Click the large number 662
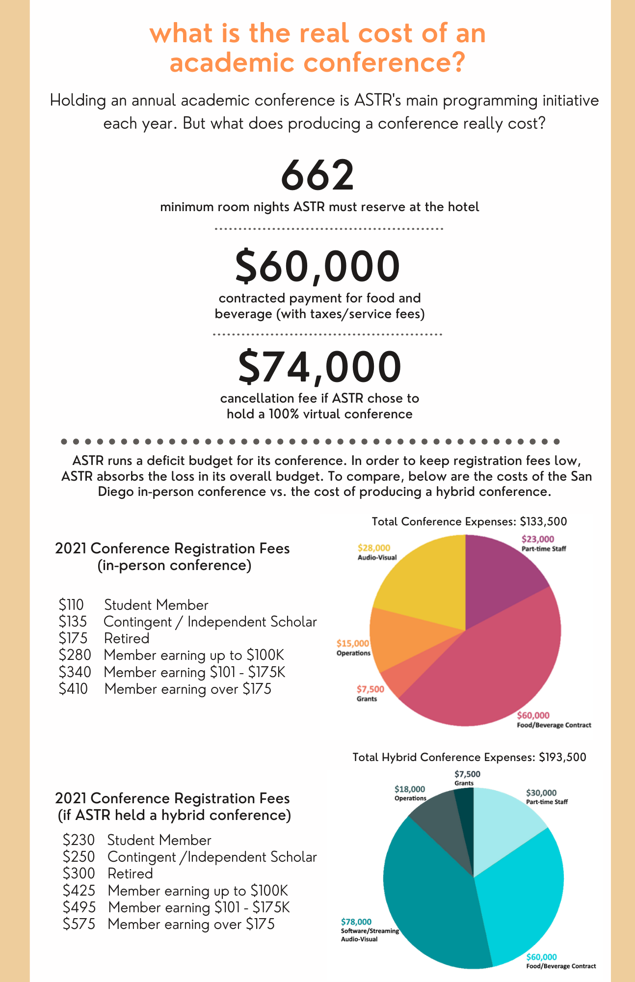pyautogui.click(x=317, y=176)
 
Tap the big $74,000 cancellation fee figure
pyautogui.click(x=319, y=367)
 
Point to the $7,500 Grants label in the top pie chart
pyautogui.click(x=370, y=693)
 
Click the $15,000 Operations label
pyautogui.click(x=353, y=648)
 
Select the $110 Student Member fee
pyautogui.click(x=72, y=605)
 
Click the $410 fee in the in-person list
pyautogui.click(x=73, y=689)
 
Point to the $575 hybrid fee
pyautogui.click(x=79, y=924)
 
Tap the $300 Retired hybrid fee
pyautogui.click(x=79, y=873)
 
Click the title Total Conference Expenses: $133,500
pyautogui.click(x=469, y=521)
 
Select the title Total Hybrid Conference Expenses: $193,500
pyautogui.click(x=469, y=757)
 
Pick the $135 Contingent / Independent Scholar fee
pyautogui.click(x=73, y=622)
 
